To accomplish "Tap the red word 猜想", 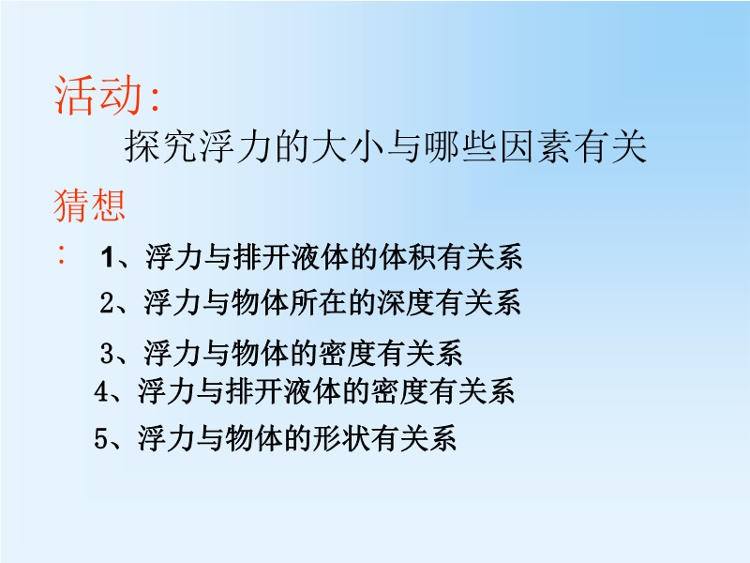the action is tap(89, 205).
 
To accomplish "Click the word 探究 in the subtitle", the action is tap(161, 146).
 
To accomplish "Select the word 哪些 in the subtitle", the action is tap(460, 146).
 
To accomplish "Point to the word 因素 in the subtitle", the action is tap(535, 146).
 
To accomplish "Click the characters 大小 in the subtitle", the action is tap(349, 146).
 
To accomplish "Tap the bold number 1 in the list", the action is tap(107, 257).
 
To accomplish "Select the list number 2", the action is tap(107, 303).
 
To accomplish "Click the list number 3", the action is tap(107, 354).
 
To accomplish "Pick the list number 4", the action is tap(101, 390).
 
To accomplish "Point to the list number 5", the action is tap(101, 437).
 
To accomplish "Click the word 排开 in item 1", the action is tap(262, 257).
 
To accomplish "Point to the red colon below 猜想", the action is tap(61, 254).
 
